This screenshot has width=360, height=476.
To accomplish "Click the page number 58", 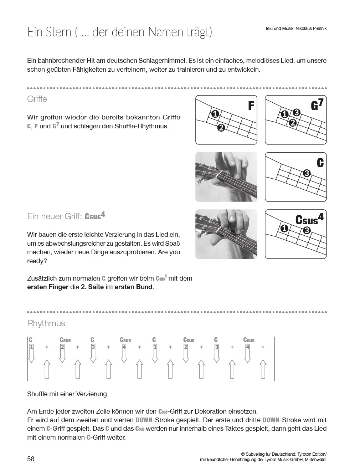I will (31, 459).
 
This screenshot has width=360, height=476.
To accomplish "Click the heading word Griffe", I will (37, 99).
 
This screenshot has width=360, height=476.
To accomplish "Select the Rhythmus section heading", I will (46, 323).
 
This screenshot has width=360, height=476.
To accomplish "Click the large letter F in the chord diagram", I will (251, 106).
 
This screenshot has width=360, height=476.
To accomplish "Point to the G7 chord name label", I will (317, 105).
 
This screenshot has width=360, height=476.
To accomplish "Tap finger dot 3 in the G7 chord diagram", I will (297, 113).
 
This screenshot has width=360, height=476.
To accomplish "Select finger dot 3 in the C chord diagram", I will (307, 174).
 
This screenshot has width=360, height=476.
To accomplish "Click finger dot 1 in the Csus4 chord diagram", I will (284, 228).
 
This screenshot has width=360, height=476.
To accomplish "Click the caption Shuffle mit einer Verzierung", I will (67, 394).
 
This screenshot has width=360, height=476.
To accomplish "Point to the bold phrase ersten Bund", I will (134, 287).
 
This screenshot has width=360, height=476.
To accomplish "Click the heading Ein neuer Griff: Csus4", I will (66, 216).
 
